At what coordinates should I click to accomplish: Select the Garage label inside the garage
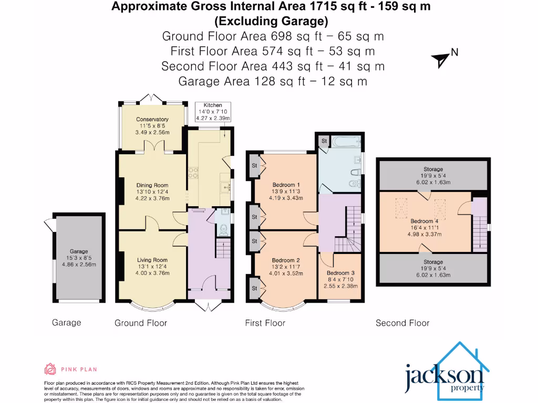coord(79,251)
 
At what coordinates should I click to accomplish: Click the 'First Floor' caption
coord(265,323)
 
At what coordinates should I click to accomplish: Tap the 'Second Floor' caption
coord(402,323)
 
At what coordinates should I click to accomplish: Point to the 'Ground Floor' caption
coord(141,323)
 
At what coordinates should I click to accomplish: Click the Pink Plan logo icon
coord(50,369)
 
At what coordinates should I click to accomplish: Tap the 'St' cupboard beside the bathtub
coord(324,141)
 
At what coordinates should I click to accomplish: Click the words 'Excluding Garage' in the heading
coord(271,22)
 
